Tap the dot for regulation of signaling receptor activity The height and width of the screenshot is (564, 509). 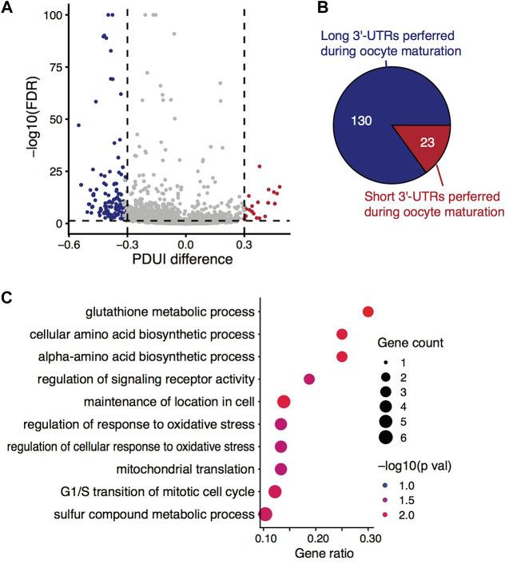pos(309,379)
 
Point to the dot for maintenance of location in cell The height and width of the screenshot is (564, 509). pos(283,401)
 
